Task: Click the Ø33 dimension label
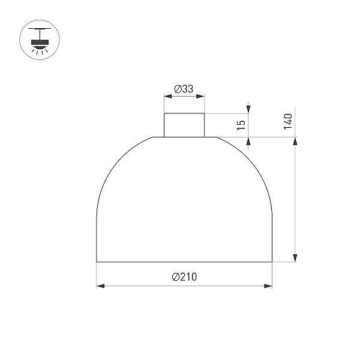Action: click(184, 89)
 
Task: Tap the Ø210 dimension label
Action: click(184, 277)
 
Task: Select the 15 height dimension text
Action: click(241, 125)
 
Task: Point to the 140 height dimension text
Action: click(288, 121)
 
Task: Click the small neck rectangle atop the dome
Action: click(184, 125)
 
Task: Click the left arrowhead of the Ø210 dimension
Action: click(100, 286)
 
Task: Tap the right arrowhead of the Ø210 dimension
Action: click(268, 286)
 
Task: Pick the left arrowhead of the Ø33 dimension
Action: click(168, 96)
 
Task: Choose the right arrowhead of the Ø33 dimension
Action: click(200, 96)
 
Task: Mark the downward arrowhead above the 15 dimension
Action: click(248, 109)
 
